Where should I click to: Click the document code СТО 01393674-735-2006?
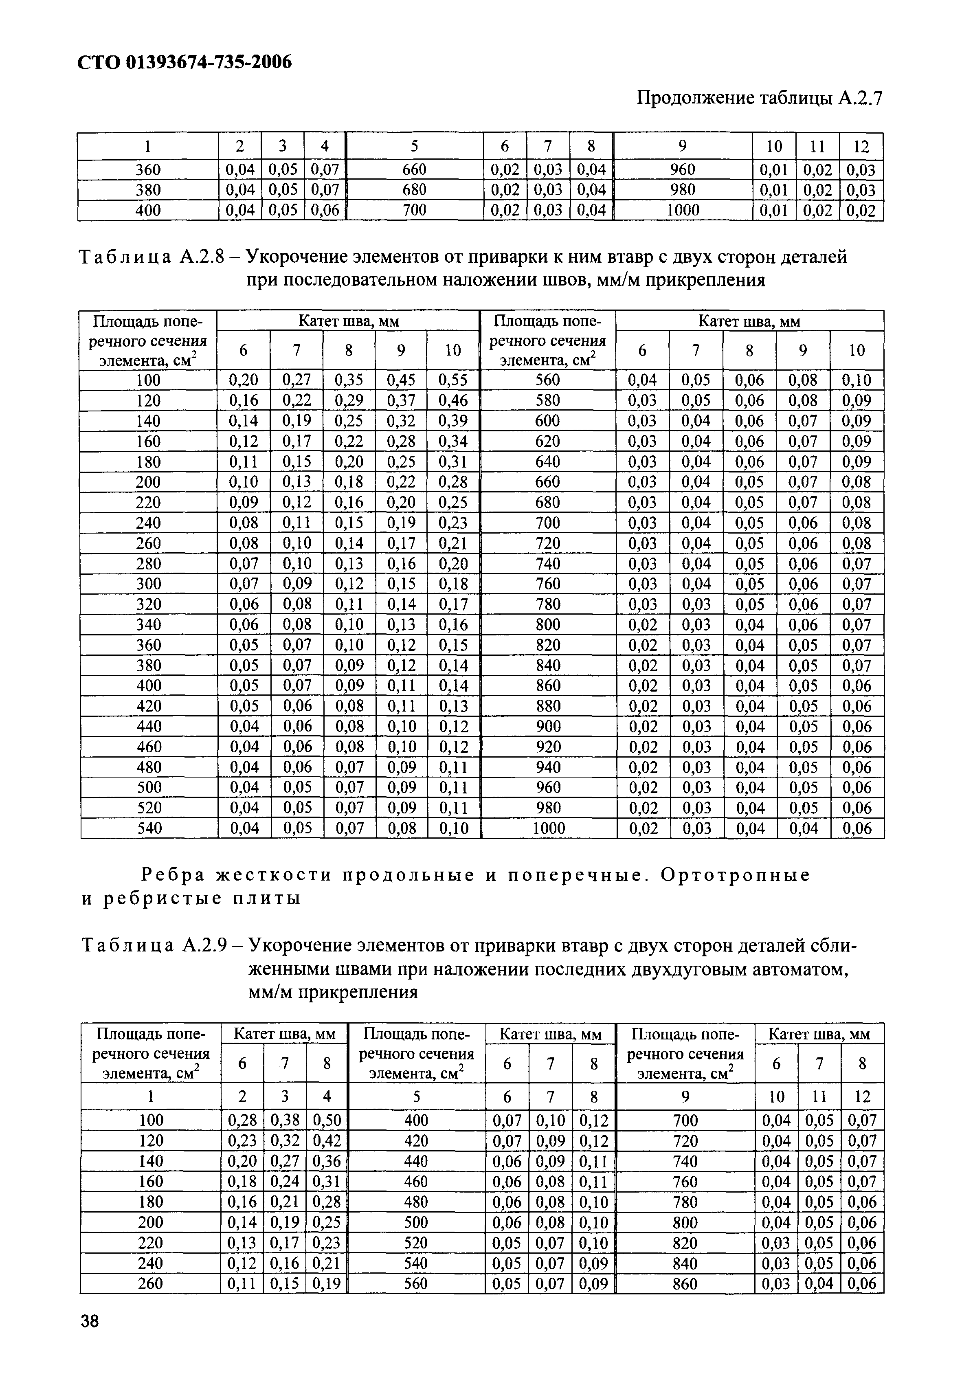click(184, 62)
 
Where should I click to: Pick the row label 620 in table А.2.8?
click(547, 441)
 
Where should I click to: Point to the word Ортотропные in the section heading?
click(736, 875)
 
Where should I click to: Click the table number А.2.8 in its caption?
click(202, 257)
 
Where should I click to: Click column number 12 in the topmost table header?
click(861, 147)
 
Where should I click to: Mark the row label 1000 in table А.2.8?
click(549, 828)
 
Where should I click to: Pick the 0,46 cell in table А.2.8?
click(452, 401)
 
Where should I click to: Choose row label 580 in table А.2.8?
click(547, 401)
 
